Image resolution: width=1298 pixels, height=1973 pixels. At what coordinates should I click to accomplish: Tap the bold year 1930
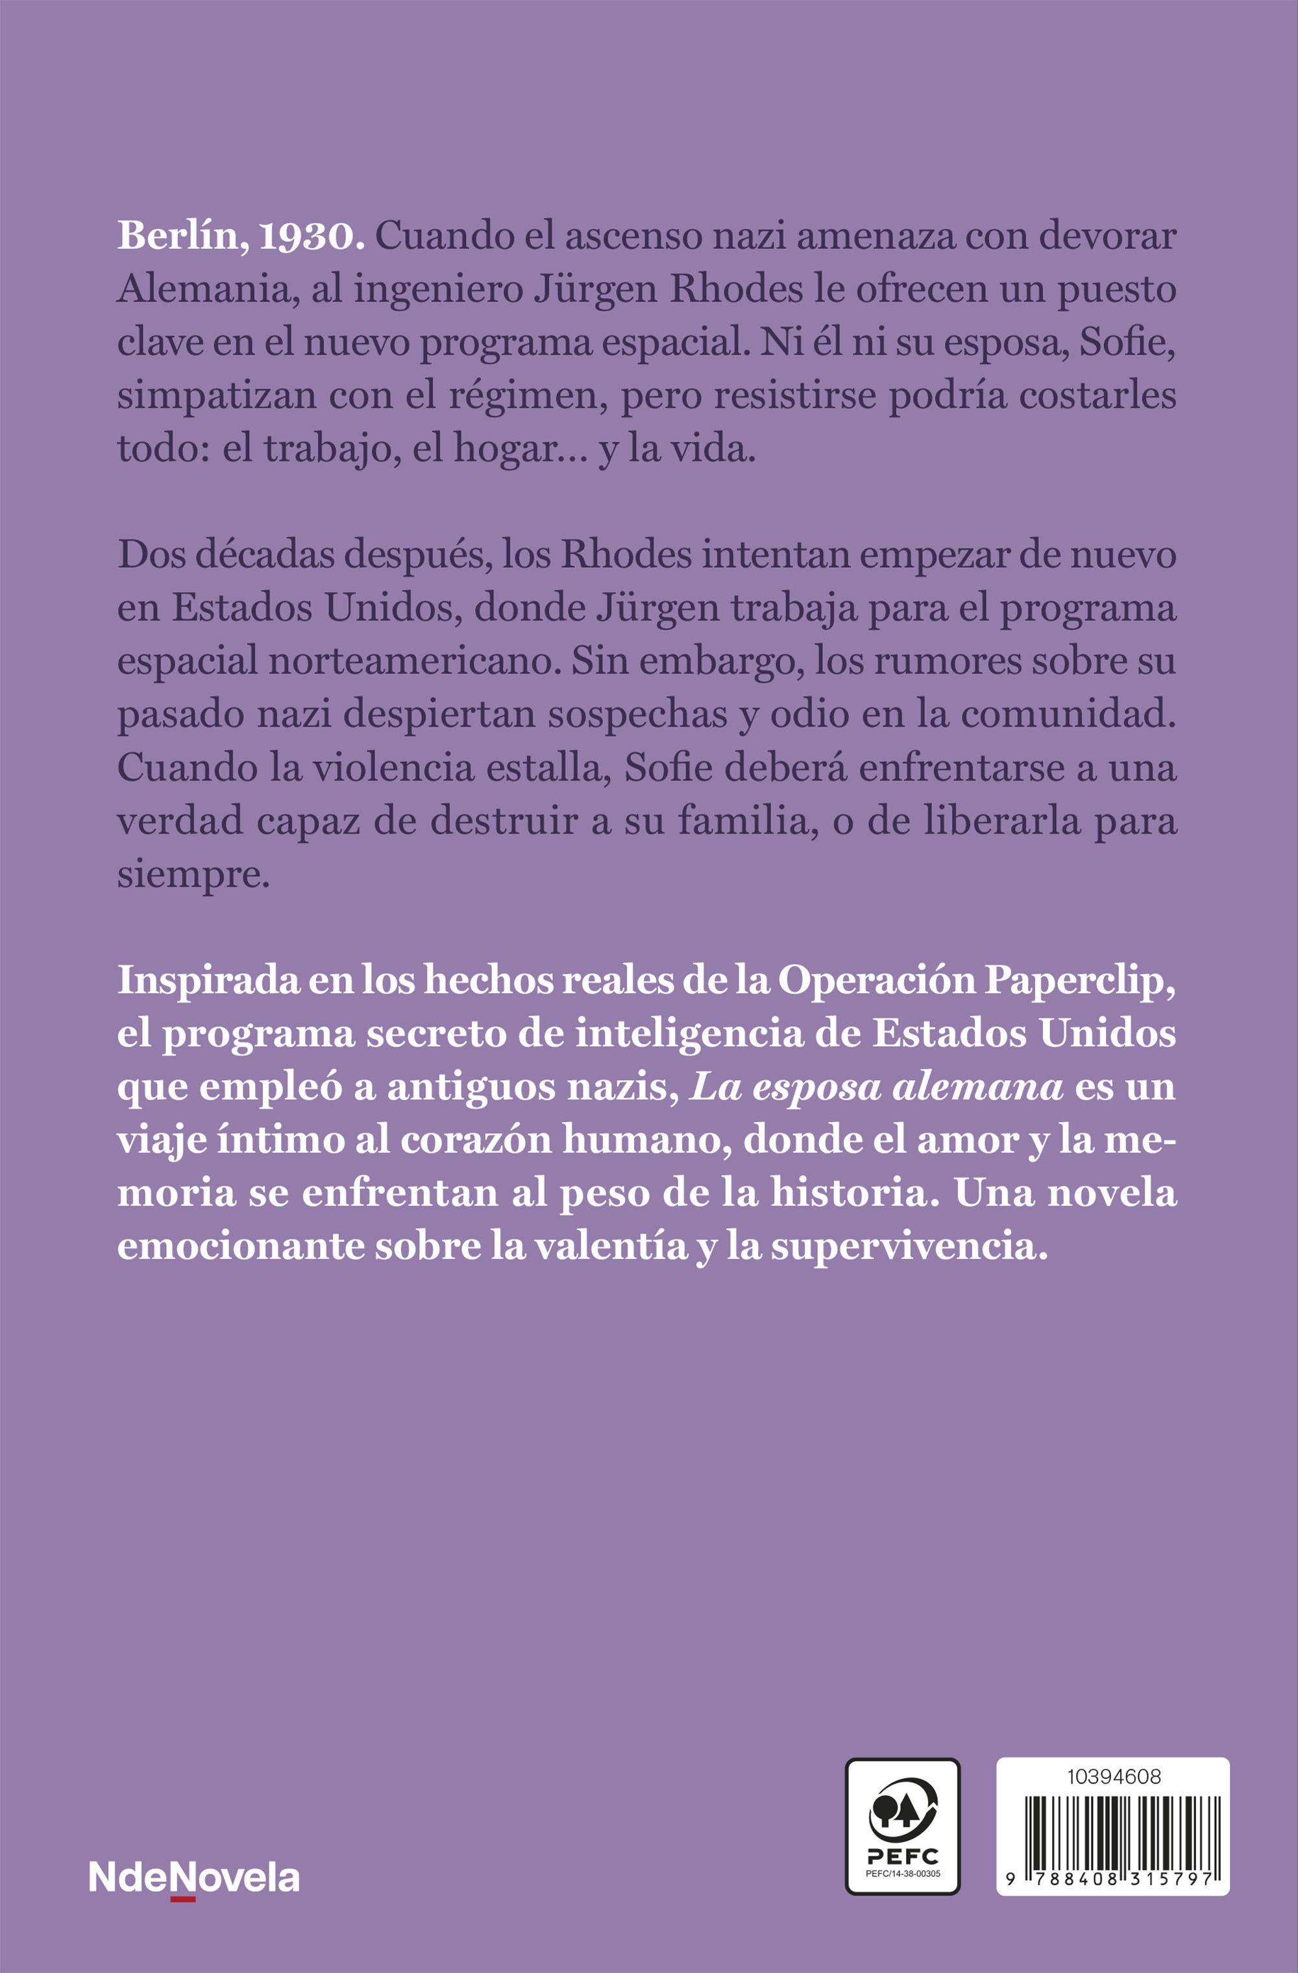312,237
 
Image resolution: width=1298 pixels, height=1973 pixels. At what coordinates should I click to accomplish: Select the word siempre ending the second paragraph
194,876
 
